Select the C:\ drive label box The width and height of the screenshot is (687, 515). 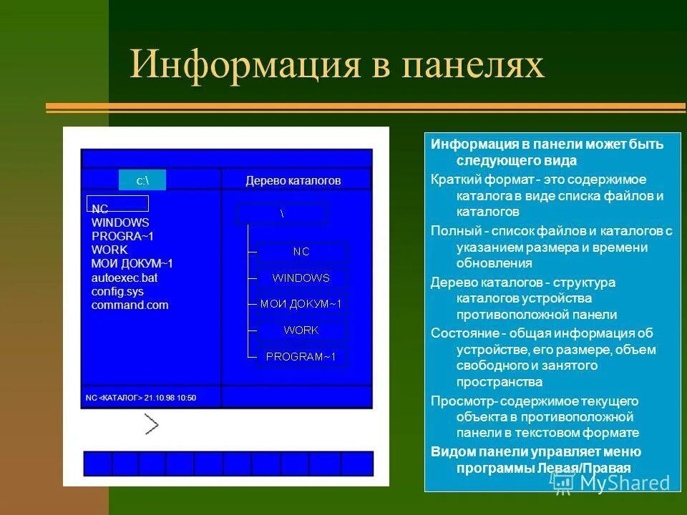click(x=142, y=180)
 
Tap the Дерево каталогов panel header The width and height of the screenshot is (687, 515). click(x=293, y=180)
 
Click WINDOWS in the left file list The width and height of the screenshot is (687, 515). click(x=120, y=222)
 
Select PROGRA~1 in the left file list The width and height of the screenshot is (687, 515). click(x=122, y=236)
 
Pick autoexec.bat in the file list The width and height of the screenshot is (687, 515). click(x=125, y=278)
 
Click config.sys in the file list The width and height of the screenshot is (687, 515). click(x=117, y=291)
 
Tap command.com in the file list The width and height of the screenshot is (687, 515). click(x=130, y=305)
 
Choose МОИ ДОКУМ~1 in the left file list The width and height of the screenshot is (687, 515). click(x=132, y=263)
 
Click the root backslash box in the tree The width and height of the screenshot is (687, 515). click(x=282, y=214)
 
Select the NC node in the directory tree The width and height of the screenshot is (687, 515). click(x=301, y=252)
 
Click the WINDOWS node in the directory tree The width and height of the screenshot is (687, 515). click(x=301, y=278)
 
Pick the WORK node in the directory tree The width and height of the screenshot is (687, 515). click(x=301, y=330)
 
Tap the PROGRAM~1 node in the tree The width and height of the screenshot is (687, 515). click(x=301, y=355)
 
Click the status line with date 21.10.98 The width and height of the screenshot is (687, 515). click(x=141, y=398)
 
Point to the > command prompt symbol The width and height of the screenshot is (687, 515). click(x=151, y=424)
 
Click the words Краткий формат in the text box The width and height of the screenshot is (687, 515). click(x=472, y=179)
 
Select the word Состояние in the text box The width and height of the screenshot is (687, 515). click(x=464, y=333)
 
